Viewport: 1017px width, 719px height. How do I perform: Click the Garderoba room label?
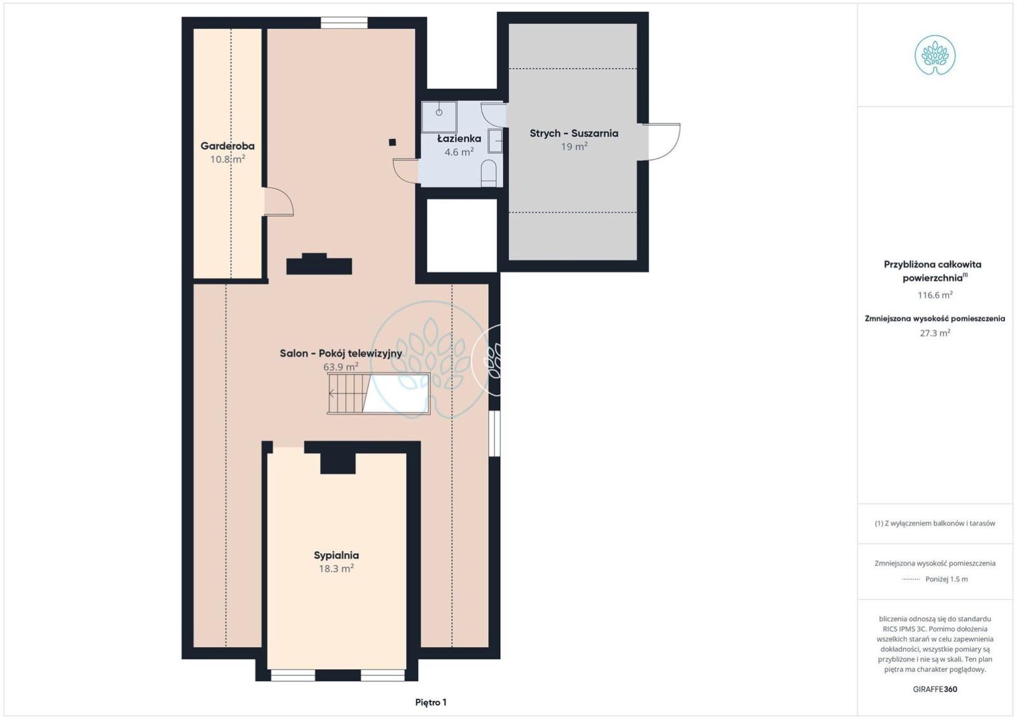coord(227,146)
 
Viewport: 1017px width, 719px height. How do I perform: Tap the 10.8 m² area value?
coord(227,159)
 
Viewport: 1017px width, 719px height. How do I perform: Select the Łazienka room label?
coord(459,139)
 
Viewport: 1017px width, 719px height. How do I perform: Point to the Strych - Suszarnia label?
coord(574,134)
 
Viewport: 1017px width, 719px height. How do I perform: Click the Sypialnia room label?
coord(337,555)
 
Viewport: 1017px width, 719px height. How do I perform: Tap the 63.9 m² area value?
coord(340,367)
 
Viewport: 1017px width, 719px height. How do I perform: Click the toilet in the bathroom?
coord(489,172)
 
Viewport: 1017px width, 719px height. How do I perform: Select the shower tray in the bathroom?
coord(439,117)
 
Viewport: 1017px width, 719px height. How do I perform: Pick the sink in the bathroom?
coord(495,140)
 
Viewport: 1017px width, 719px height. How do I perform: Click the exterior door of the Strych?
coord(661,142)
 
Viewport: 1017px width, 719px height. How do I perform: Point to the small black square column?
coord(392,142)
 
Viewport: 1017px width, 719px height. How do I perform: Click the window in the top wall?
coord(344,23)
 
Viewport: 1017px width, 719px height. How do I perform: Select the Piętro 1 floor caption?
coord(431,702)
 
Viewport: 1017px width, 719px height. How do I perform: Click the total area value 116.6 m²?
coord(935,295)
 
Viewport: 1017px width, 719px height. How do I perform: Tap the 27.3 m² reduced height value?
coord(935,333)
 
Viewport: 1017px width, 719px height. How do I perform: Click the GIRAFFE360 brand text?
coord(935,689)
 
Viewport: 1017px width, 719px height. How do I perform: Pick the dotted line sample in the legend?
coord(911,579)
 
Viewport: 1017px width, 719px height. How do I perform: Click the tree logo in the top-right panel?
coord(935,55)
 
